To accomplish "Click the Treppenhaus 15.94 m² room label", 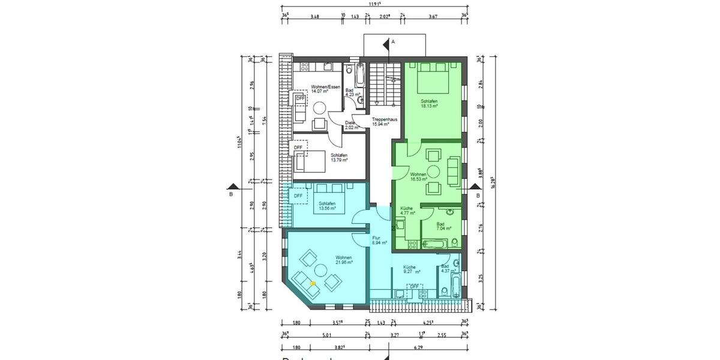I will point(385,122).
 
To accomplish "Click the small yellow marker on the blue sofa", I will point(312,283).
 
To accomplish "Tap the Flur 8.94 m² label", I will point(377,241).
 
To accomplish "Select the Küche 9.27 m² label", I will point(411,269).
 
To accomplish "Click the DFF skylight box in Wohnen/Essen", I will point(300,99).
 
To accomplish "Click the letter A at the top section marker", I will point(394,42).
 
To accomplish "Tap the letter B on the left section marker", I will point(230,194).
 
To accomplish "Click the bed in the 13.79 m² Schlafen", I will point(310,161).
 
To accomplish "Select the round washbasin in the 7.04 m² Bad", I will point(450,212).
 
